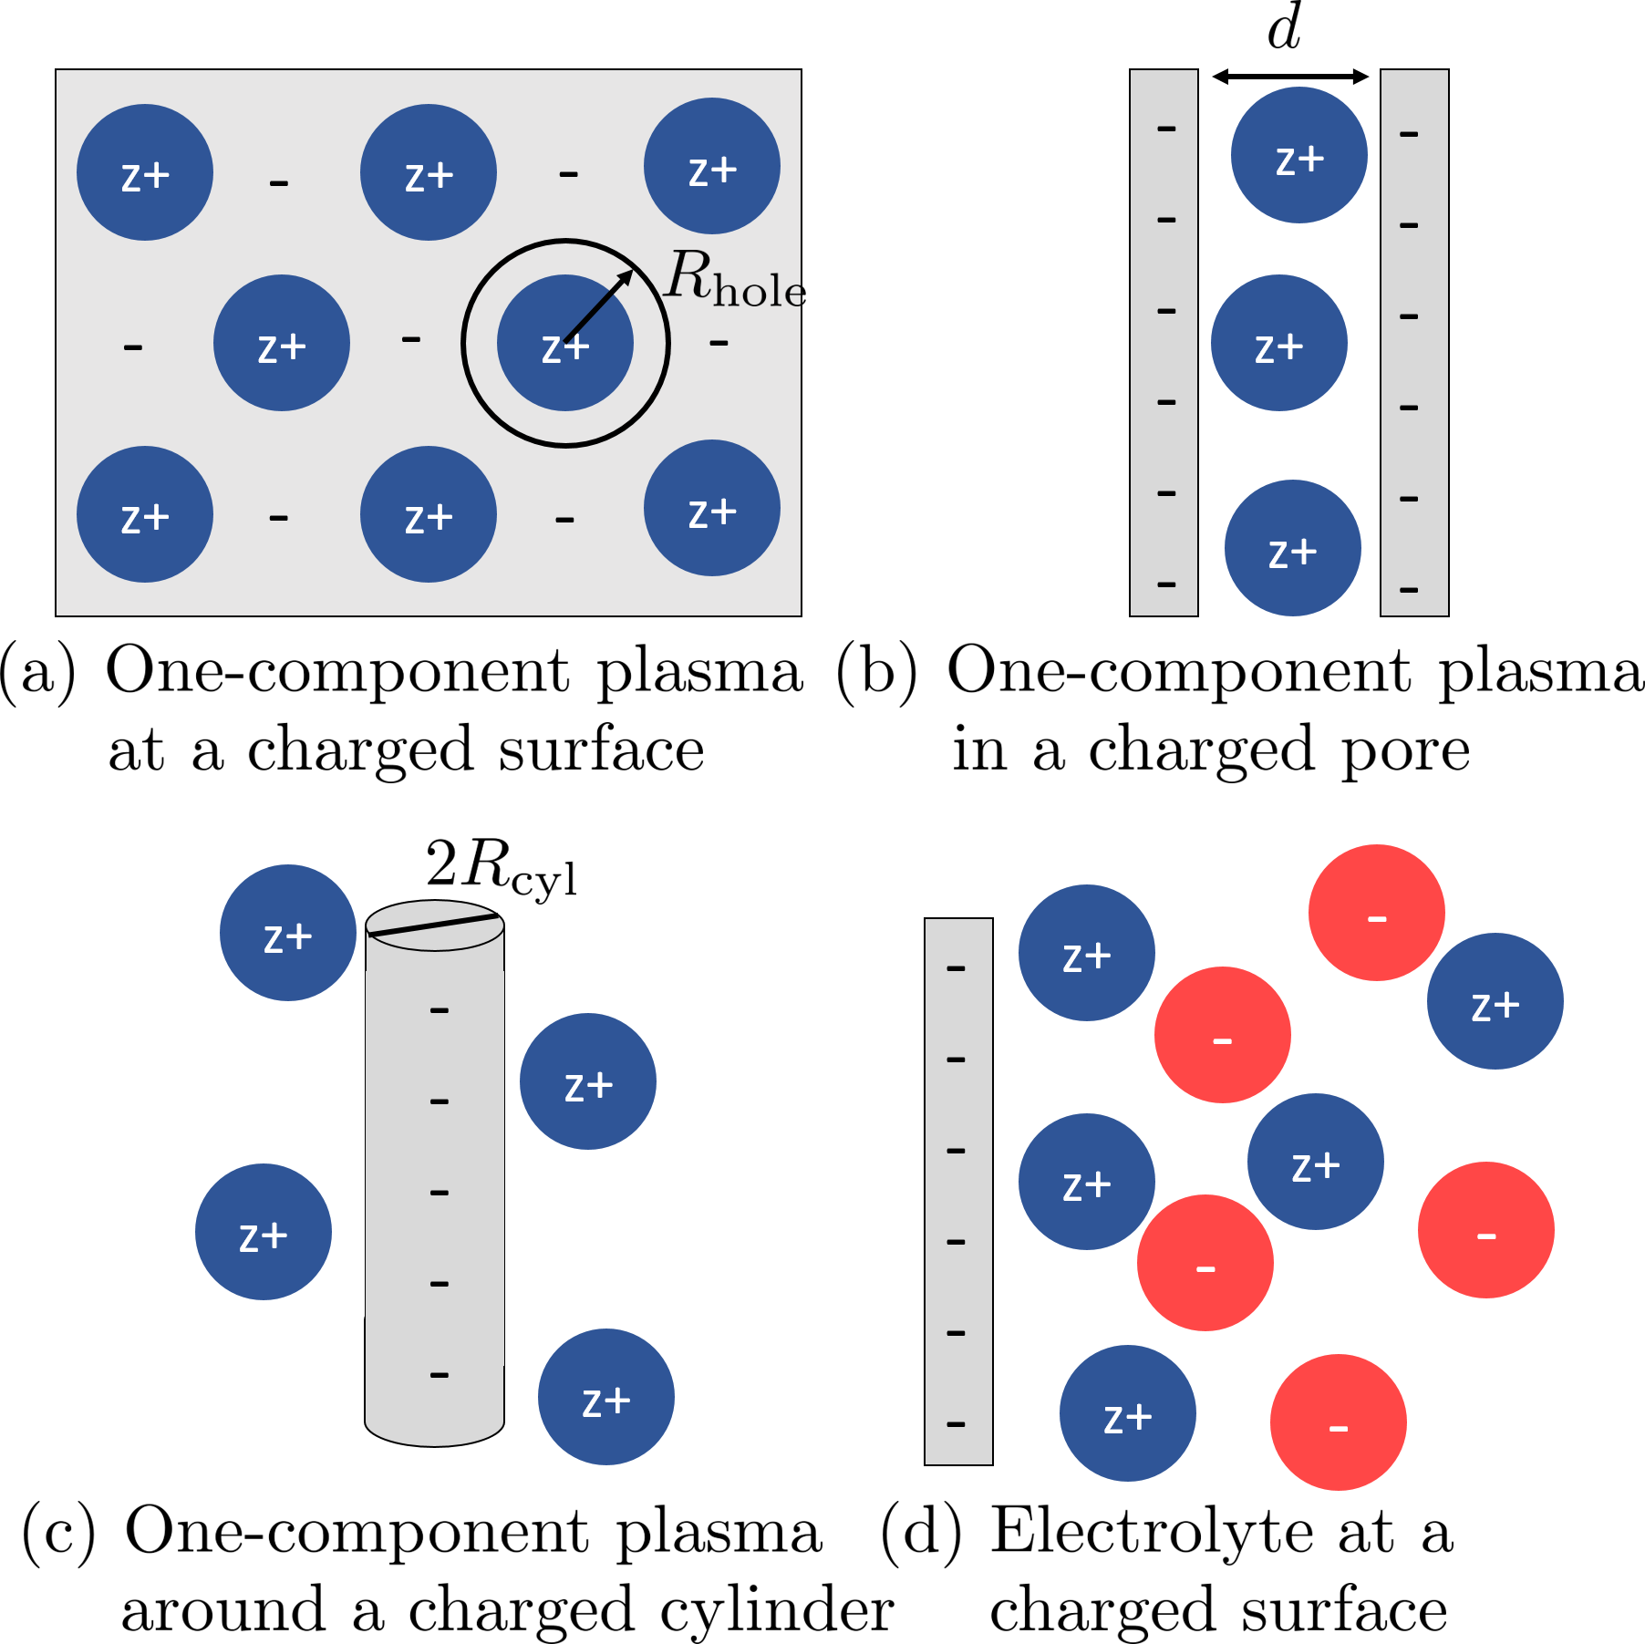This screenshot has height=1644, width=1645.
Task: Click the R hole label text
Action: (x=734, y=278)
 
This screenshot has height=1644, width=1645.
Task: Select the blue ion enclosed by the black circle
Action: (x=565, y=343)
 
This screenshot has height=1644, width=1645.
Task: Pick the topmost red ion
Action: (x=1377, y=913)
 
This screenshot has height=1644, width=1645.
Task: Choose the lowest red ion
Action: (x=1339, y=1422)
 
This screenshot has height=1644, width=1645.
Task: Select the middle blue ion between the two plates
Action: (x=1279, y=343)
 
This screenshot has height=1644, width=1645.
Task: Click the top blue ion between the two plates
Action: (x=1299, y=155)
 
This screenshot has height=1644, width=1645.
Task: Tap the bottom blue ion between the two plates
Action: (x=1293, y=548)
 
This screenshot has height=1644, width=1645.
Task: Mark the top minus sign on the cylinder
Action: (x=440, y=1010)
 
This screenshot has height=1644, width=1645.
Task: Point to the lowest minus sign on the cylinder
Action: (x=440, y=1375)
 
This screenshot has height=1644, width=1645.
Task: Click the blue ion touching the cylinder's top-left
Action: (x=288, y=933)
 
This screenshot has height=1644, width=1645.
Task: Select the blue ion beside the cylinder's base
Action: (x=606, y=1397)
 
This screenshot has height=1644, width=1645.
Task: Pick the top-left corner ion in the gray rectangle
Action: (x=145, y=172)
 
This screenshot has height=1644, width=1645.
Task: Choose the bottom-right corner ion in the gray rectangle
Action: (x=712, y=508)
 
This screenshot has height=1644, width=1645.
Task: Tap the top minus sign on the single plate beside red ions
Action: (x=956, y=968)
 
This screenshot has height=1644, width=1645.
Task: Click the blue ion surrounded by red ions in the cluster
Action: (x=1316, y=1162)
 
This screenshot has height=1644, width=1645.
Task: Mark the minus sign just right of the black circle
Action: (x=719, y=344)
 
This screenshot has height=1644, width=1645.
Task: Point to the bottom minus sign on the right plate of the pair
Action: (x=1409, y=591)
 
